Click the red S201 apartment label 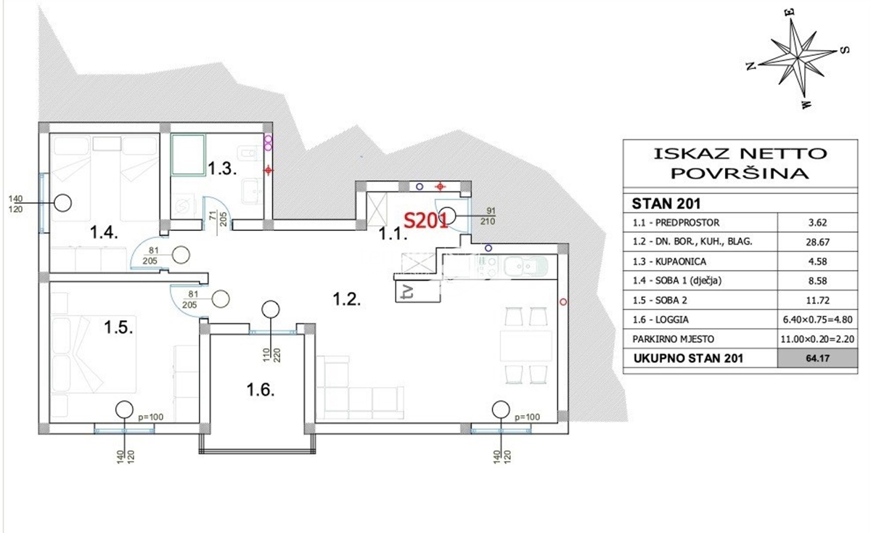pyautogui.click(x=425, y=221)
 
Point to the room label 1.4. pyautogui.click(x=103, y=232)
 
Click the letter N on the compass pyautogui.click(x=751, y=66)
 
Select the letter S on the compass pyautogui.click(x=843, y=50)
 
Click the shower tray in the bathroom pyautogui.click(x=189, y=155)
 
